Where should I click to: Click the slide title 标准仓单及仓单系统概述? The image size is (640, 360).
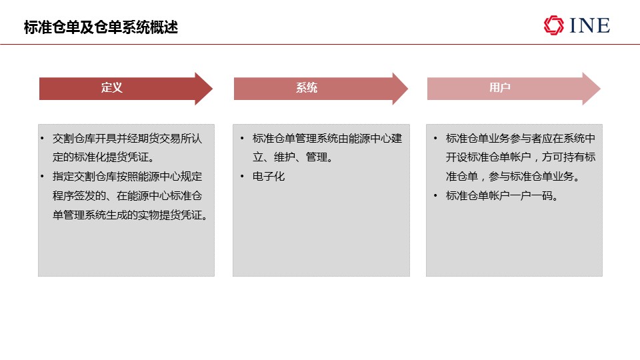click(x=101, y=27)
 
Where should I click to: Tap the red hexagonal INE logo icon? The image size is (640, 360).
click(x=553, y=25)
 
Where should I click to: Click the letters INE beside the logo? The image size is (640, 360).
click(x=590, y=25)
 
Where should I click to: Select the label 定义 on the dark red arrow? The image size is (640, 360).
click(x=112, y=88)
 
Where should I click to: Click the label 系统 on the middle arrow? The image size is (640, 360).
click(x=307, y=88)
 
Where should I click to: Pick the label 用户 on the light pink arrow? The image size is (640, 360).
click(x=500, y=88)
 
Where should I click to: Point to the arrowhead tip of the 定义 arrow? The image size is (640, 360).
click(x=213, y=89)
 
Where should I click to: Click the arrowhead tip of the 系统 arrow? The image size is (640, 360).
click(x=408, y=89)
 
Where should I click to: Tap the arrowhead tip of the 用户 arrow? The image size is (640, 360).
click(x=601, y=89)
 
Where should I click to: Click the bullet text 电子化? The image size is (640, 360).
click(x=269, y=176)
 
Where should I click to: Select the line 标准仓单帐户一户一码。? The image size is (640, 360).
click(x=502, y=196)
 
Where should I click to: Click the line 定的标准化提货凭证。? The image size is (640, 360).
click(x=104, y=157)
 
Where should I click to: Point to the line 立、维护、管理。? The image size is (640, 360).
click(x=293, y=157)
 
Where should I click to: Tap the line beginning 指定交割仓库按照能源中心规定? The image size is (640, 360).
click(x=127, y=176)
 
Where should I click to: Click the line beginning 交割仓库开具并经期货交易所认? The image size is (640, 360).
click(x=127, y=139)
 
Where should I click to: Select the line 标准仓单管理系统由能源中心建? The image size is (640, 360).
click(x=327, y=139)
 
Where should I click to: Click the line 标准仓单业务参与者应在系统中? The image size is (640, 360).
click(x=521, y=139)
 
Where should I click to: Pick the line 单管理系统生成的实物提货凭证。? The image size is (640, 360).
click(x=130, y=215)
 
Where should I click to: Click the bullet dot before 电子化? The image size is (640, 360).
click(x=242, y=176)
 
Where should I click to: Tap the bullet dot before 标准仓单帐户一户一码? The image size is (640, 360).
click(x=435, y=196)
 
